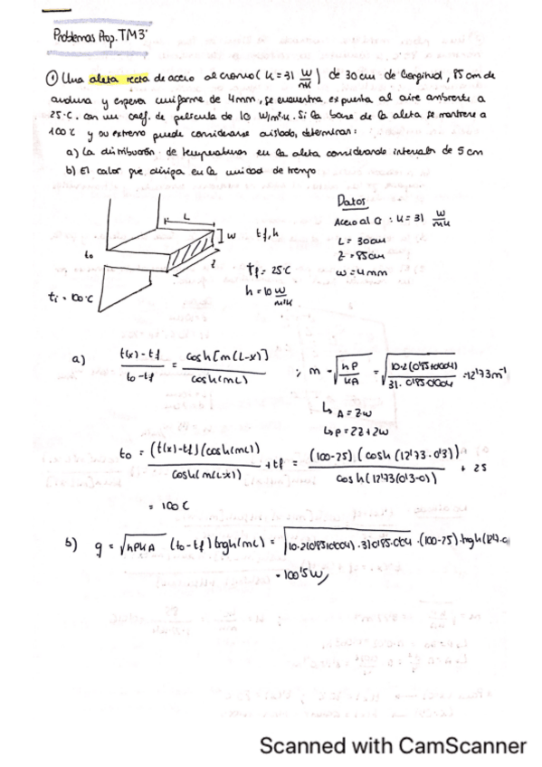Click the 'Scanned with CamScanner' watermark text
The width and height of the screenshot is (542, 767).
392,746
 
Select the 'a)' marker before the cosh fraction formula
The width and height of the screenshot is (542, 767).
78,358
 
